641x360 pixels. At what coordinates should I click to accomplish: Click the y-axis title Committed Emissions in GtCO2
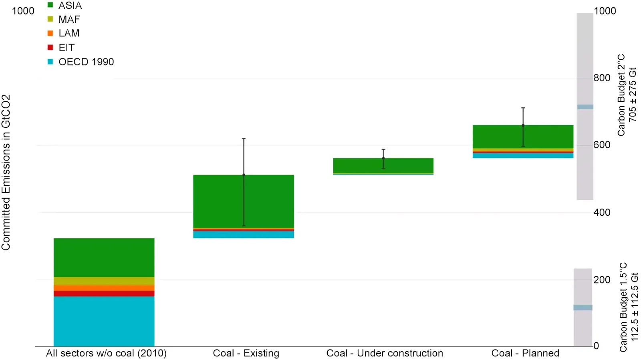[6, 172]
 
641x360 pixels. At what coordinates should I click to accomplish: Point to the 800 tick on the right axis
[602, 78]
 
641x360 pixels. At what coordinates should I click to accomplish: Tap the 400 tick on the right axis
[602, 212]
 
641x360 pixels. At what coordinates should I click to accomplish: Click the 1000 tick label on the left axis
[23, 11]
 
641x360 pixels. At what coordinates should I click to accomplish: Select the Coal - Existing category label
[246, 353]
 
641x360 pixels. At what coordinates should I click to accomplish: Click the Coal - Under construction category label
[385, 353]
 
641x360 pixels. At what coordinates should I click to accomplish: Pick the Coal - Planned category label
[525, 353]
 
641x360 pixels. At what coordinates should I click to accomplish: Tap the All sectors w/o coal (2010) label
[106, 353]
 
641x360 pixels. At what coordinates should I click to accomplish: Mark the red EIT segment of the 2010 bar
[104, 294]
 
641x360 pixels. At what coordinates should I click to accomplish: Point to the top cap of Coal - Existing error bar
[244, 139]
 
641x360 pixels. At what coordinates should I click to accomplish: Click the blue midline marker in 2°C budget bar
[585, 107]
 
